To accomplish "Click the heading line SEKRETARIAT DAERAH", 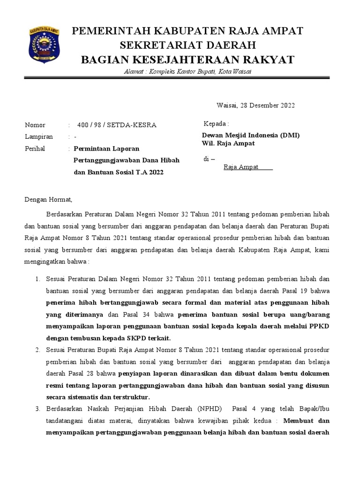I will pyautogui.click(x=187, y=45).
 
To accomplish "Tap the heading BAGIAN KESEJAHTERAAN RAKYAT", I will pyautogui.click(x=187, y=60).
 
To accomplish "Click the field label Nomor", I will pyautogui.click(x=35, y=125).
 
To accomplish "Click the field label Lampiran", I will pyautogui.click(x=38, y=137).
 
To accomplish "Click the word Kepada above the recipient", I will pyautogui.click(x=216, y=124).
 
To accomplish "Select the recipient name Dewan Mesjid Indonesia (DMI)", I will pyautogui.click(x=247, y=135).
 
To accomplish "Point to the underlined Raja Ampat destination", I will pyautogui.click(x=241, y=167).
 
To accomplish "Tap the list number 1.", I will pyautogui.click(x=38, y=279).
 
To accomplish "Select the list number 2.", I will pyautogui.click(x=38, y=349).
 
